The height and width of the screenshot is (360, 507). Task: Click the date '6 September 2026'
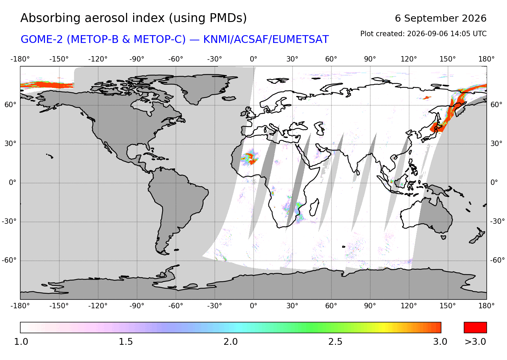coord(440,18)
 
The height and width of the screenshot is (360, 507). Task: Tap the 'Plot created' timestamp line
coord(423,34)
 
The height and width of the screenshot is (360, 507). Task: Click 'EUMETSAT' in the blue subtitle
coord(300,39)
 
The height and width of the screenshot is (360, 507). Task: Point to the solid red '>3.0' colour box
coord(475,328)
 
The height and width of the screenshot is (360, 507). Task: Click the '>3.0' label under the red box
coord(475,342)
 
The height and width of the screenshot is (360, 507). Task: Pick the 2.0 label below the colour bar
coord(231,342)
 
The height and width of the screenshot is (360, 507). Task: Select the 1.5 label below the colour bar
coord(126,342)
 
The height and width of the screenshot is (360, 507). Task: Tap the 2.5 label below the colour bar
coord(335,342)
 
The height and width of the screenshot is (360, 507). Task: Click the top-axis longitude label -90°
coord(137,59)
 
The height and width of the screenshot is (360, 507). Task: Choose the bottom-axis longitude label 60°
coord(331,306)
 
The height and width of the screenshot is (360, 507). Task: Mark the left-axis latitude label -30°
coord(9,221)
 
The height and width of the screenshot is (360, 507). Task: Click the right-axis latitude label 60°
coord(497,105)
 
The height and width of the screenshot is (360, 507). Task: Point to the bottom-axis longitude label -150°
coord(59,306)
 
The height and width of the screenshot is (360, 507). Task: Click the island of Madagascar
coord(314,207)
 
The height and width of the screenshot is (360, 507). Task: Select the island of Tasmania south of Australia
coord(443,238)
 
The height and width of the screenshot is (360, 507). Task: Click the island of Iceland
coord(229,98)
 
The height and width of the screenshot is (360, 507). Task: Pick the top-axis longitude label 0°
coord(254,59)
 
